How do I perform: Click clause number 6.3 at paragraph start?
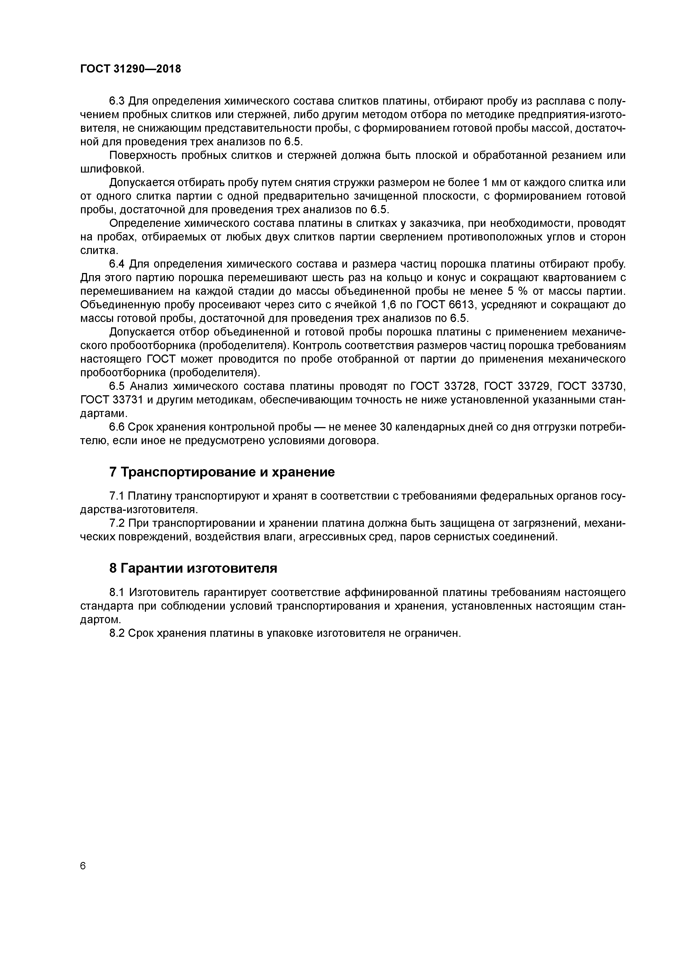click(x=117, y=101)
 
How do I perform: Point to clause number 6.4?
click(x=117, y=264)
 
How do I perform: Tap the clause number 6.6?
click(x=117, y=427)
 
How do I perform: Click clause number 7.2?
click(x=116, y=523)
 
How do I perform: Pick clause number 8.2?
click(x=117, y=633)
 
